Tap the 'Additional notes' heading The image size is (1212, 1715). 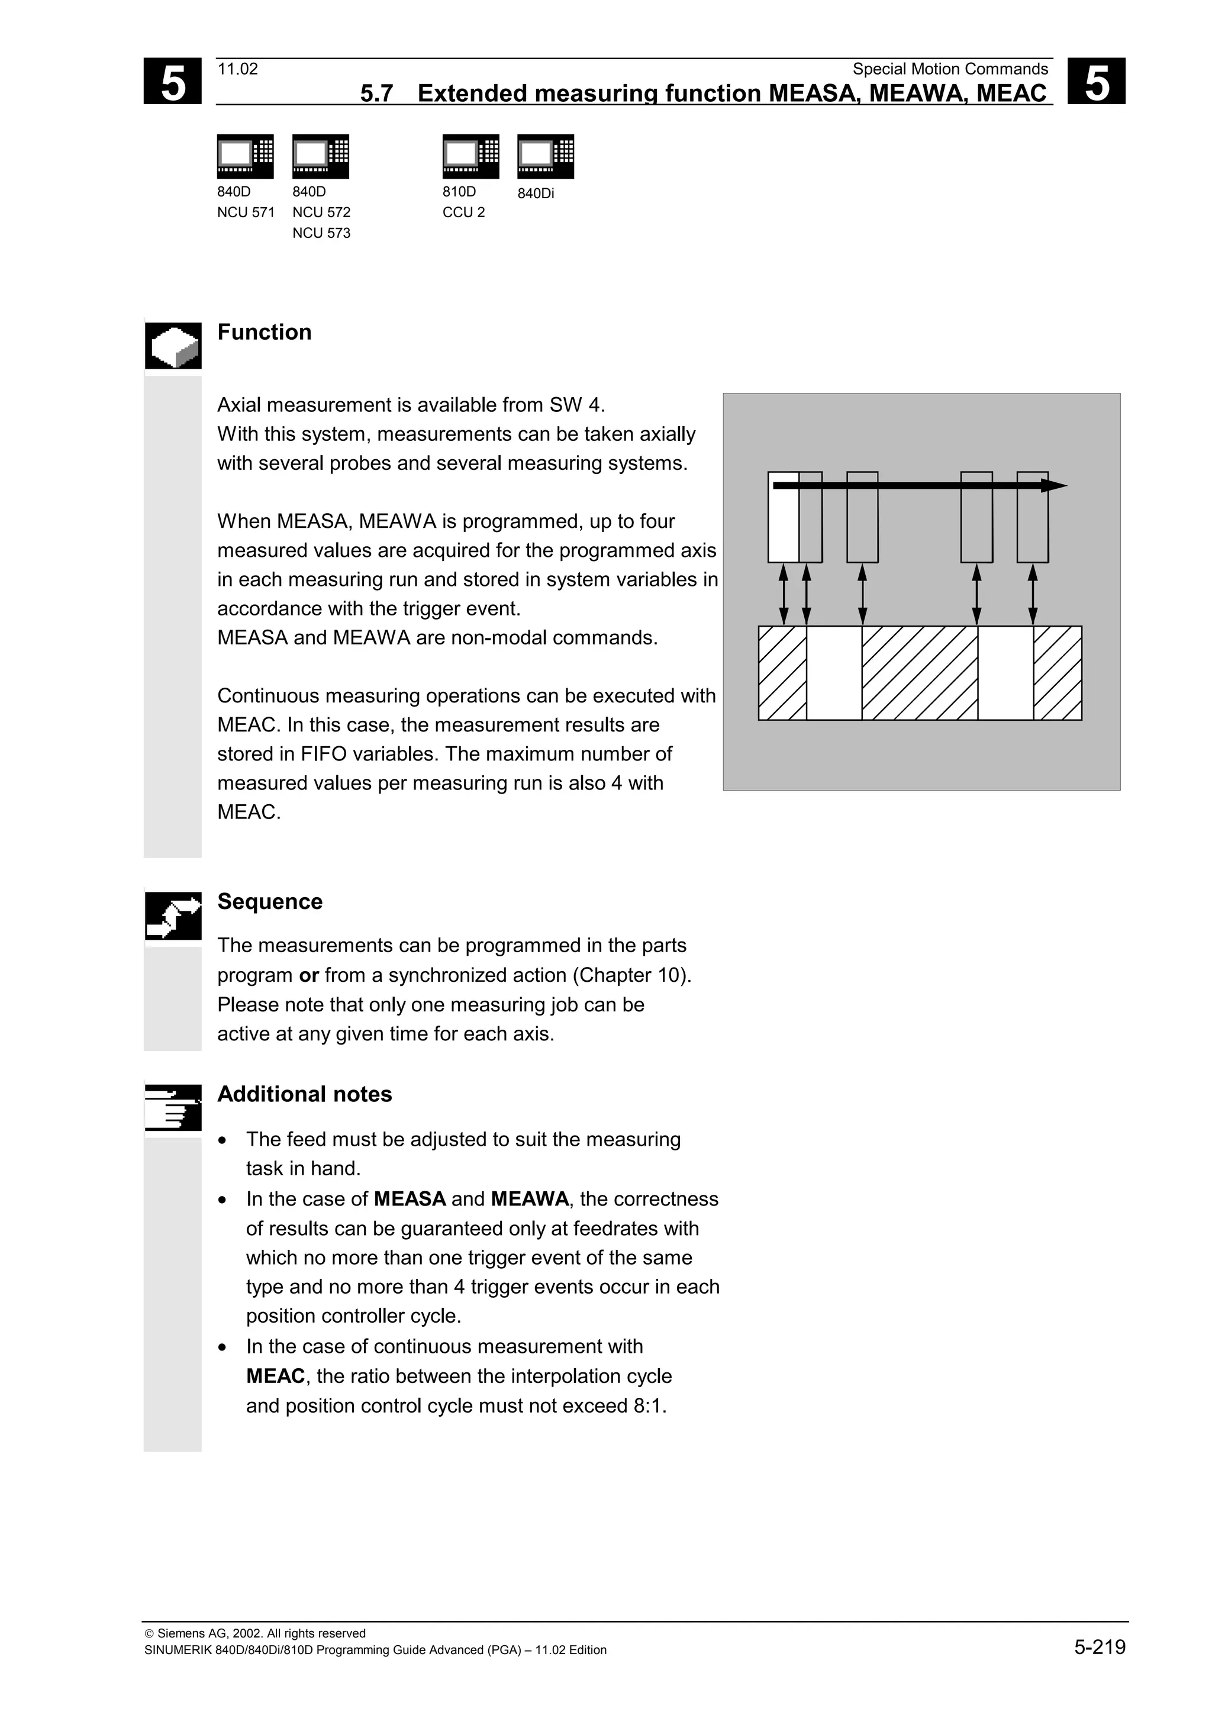point(304,1094)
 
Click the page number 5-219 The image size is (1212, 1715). point(1099,1647)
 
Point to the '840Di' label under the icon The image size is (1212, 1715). point(536,194)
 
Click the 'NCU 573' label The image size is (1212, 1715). point(321,233)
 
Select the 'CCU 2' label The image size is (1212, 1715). point(463,212)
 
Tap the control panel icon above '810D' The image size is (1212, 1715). point(470,156)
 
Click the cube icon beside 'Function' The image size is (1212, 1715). point(173,346)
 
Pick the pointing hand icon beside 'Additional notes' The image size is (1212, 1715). point(173,1107)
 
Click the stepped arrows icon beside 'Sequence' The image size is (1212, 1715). point(173,915)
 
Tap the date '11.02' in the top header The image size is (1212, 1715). point(237,69)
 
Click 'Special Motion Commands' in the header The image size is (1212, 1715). point(950,69)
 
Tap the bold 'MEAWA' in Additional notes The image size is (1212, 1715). point(530,1199)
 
